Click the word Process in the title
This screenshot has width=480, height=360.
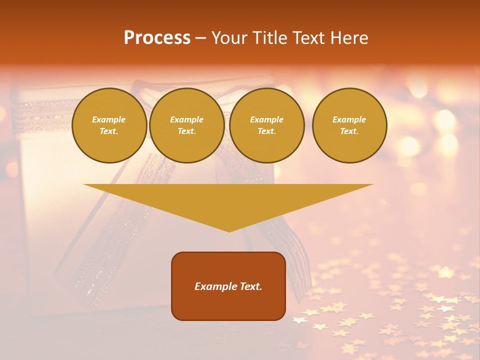pos(157,38)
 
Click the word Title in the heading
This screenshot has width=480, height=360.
pos(268,38)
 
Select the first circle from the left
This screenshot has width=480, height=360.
pos(109,125)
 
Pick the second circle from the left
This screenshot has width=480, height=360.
pos(187,125)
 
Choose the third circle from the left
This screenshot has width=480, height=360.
pos(267,125)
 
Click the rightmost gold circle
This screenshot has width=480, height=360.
pos(349,125)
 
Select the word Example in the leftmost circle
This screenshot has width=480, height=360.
pos(109,120)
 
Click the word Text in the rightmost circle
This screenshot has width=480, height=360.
pos(348,131)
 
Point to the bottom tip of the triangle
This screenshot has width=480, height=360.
pos(229,231)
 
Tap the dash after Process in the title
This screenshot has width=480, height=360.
pos(200,38)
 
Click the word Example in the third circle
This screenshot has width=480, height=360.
pos(266,120)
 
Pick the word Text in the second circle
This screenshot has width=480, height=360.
pos(186,131)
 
